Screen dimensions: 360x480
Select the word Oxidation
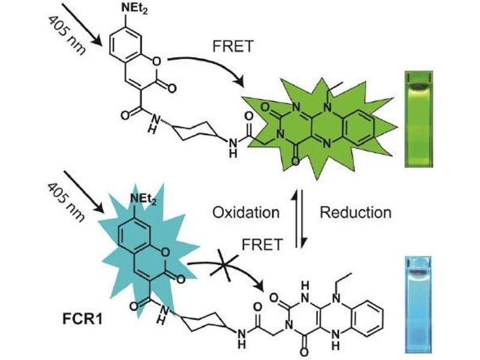(246, 212)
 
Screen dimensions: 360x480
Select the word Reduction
(355, 212)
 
